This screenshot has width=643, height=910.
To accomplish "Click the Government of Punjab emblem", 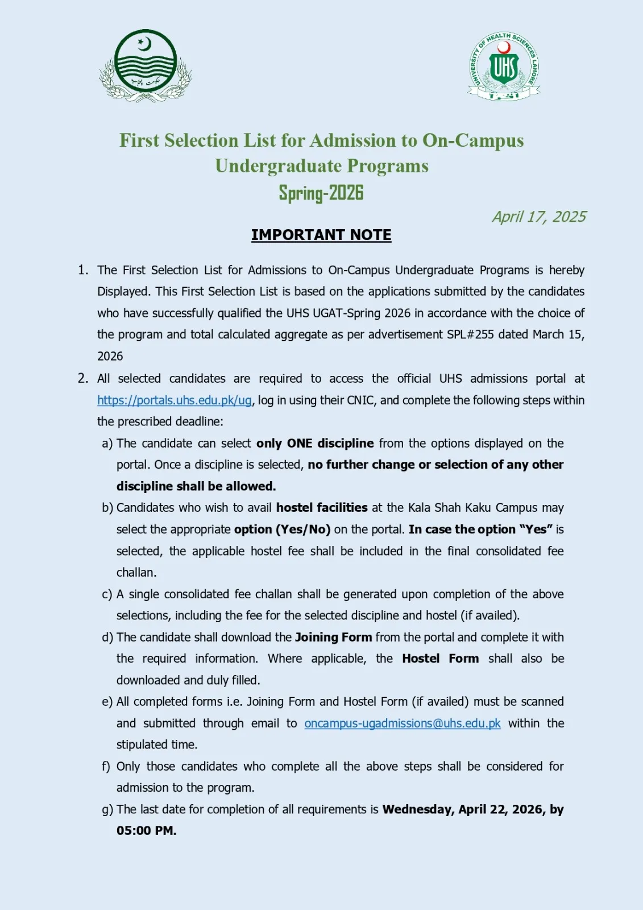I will (146, 65).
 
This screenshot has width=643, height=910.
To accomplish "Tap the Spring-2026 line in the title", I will (321, 193).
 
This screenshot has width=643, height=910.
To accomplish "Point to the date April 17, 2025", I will (539, 217).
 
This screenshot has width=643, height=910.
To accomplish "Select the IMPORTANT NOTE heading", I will (321, 235).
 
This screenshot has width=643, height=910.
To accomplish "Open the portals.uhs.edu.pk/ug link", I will (175, 400).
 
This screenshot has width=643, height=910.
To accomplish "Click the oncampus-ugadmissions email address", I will (403, 723).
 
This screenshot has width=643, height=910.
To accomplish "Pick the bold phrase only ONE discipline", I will (315, 444).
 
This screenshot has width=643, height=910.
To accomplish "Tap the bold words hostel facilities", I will (322, 508).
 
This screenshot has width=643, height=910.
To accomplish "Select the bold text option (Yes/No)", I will (282, 530).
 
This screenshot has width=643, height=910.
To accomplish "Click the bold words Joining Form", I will (333, 638).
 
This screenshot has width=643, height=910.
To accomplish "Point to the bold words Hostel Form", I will (440, 659).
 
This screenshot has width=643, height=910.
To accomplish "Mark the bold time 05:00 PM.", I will (146, 831).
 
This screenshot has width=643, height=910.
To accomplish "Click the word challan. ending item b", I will (136, 573).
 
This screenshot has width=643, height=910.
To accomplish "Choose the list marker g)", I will (107, 810).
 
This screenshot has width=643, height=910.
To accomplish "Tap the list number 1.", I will (83, 270).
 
